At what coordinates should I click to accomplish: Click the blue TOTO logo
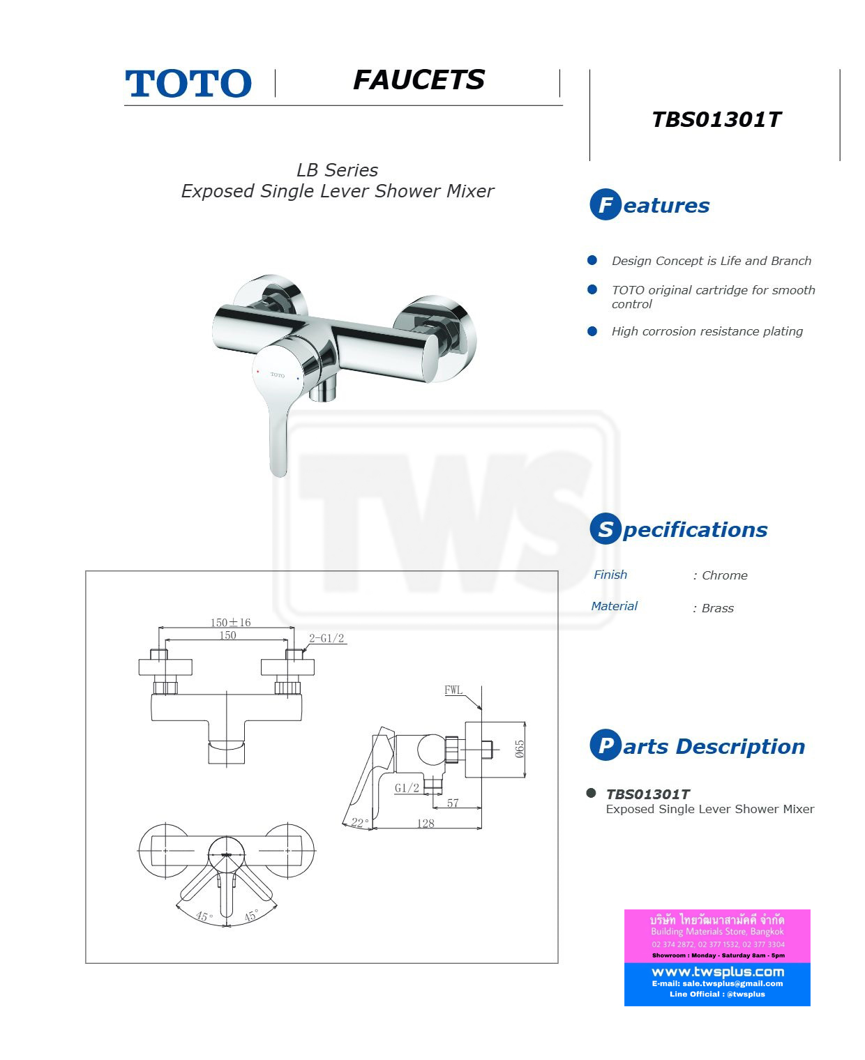[x=188, y=83]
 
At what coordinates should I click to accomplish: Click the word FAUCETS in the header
[x=419, y=80]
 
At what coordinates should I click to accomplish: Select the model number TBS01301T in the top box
[x=716, y=120]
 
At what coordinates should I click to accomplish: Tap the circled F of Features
[x=605, y=204]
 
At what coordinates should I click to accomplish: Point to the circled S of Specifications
[x=605, y=529]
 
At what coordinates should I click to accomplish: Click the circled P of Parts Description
[x=605, y=745]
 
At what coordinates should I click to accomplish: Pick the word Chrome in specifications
[x=724, y=575]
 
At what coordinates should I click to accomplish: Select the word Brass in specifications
[x=717, y=608]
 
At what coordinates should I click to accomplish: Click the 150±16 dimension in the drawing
[x=230, y=622]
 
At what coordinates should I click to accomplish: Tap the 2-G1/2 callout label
[x=326, y=638]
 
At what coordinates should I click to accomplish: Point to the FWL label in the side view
[x=453, y=690]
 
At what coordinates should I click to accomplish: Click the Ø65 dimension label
[x=520, y=749]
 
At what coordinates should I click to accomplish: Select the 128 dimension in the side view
[x=426, y=824]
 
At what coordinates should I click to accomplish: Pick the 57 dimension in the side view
[x=453, y=803]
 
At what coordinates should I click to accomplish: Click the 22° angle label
[x=359, y=823]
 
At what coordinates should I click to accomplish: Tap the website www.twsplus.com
[x=718, y=971]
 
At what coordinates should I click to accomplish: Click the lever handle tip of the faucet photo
[x=278, y=471]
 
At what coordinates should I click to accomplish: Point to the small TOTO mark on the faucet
[x=277, y=375]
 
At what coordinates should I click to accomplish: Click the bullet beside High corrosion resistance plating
[x=592, y=331]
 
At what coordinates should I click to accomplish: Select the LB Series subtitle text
[x=337, y=170]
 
